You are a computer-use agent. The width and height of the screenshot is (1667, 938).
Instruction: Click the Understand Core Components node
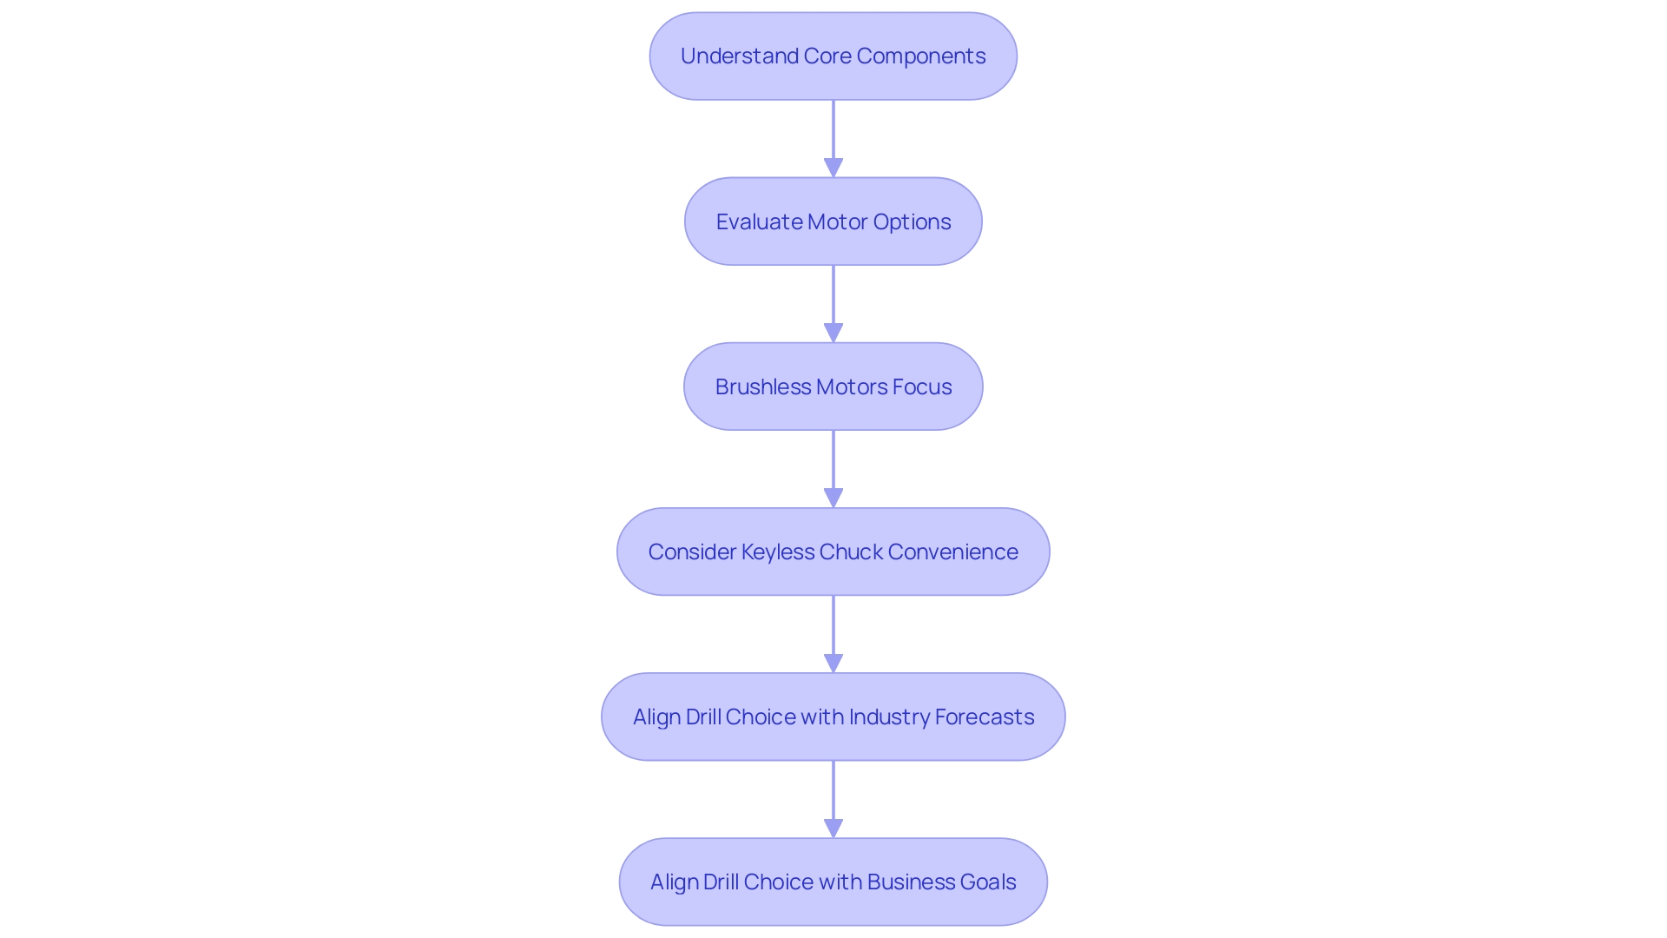coord(833,56)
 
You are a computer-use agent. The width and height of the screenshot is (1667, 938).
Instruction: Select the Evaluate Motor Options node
coord(833,221)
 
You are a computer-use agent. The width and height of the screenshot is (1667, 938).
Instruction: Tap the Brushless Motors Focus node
coord(833,386)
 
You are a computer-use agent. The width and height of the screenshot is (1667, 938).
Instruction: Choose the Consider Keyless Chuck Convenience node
coord(833,552)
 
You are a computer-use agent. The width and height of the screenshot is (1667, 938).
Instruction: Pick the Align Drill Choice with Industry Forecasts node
coord(833,717)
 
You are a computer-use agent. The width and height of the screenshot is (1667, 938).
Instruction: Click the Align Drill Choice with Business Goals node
coord(833,882)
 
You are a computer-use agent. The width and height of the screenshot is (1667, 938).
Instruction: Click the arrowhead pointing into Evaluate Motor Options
coord(833,168)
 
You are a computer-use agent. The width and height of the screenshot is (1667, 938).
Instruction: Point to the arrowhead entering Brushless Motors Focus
coord(833,333)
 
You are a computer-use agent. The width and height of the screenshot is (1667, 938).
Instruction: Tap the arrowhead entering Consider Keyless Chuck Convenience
coord(833,498)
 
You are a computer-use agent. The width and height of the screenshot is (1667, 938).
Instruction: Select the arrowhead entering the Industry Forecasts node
coord(833,663)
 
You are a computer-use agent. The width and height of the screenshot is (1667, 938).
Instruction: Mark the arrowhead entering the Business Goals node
coord(833,828)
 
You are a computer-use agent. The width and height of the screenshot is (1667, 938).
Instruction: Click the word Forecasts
coord(985,717)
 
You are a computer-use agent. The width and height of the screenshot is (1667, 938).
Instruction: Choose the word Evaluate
coord(759,221)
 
